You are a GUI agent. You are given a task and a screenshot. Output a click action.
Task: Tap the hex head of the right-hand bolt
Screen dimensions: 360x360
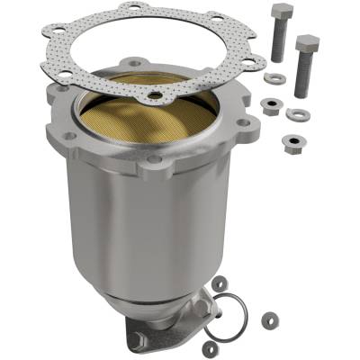point(308,42)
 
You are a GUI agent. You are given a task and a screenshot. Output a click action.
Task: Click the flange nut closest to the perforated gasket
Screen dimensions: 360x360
point(269,106)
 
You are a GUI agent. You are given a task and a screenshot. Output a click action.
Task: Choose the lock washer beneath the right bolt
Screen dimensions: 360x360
point(296,114)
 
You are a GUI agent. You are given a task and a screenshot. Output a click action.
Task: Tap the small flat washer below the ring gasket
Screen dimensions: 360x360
point(210,347)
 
